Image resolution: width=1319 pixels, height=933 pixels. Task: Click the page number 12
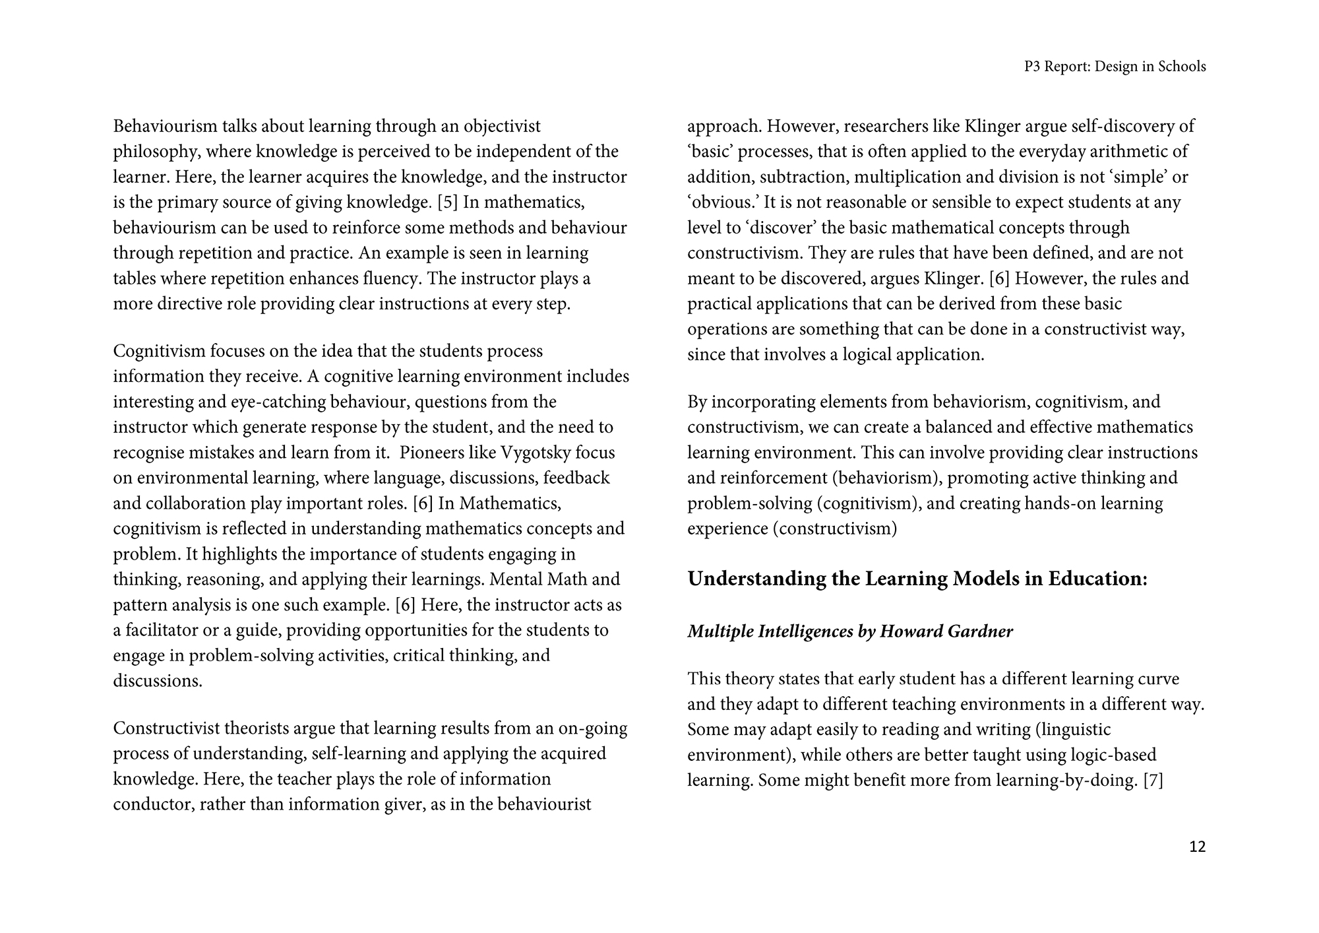[1197, 847]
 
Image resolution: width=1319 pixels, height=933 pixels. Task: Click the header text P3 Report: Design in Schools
[1115, 67]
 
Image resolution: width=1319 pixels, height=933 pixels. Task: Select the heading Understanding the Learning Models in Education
[917, 579]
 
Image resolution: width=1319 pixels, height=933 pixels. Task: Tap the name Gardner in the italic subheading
[980, 631]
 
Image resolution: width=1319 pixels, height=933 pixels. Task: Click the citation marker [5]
[448, 202]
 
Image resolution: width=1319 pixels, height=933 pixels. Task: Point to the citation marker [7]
[1153, 781]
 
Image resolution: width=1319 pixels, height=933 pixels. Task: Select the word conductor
[151, 805]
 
